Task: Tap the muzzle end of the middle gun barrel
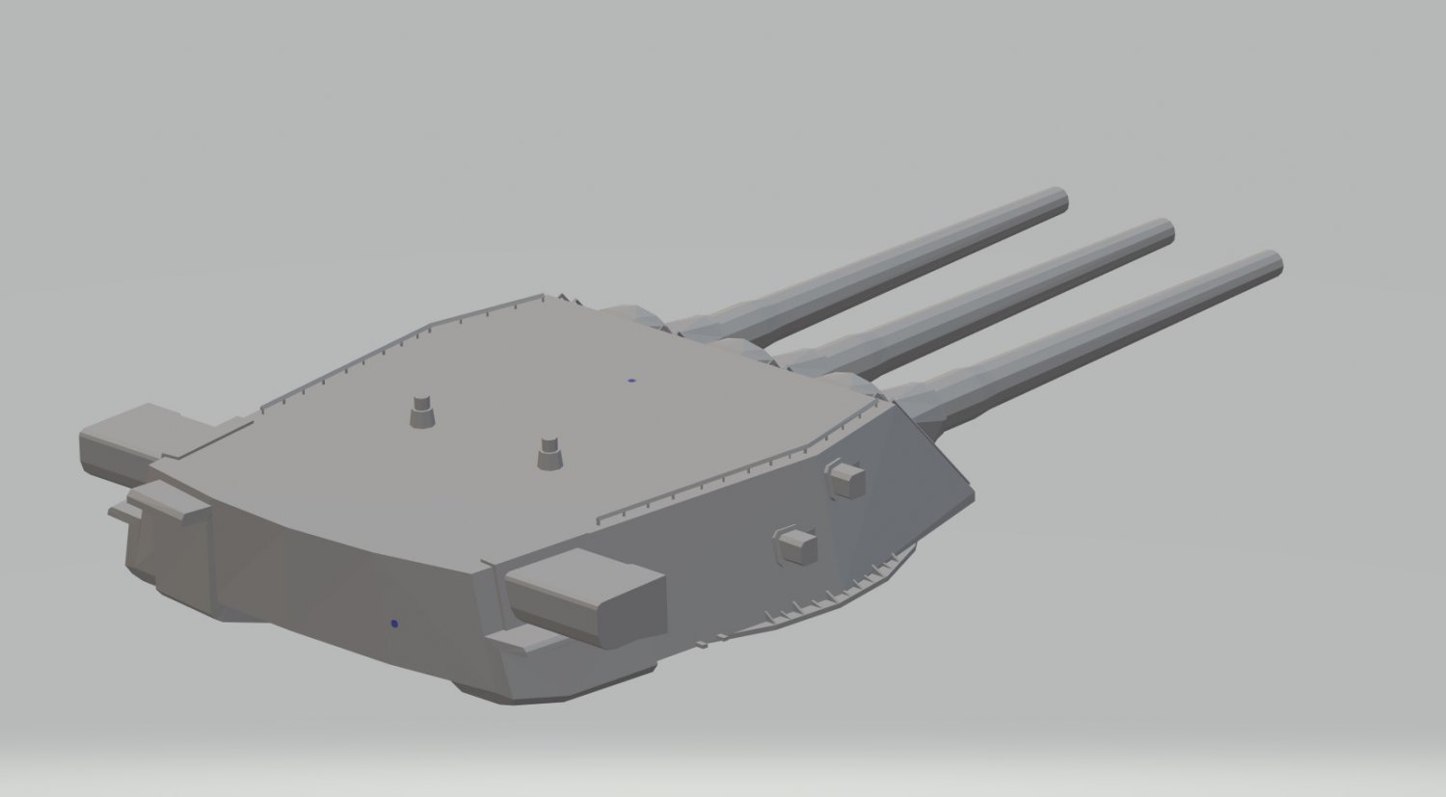coord(1165,231)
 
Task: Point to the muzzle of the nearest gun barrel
coord(1272,263)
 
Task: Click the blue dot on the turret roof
coord(631,380)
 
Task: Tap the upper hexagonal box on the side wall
coord(845,479)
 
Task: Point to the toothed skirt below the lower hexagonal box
coord(819,602)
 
